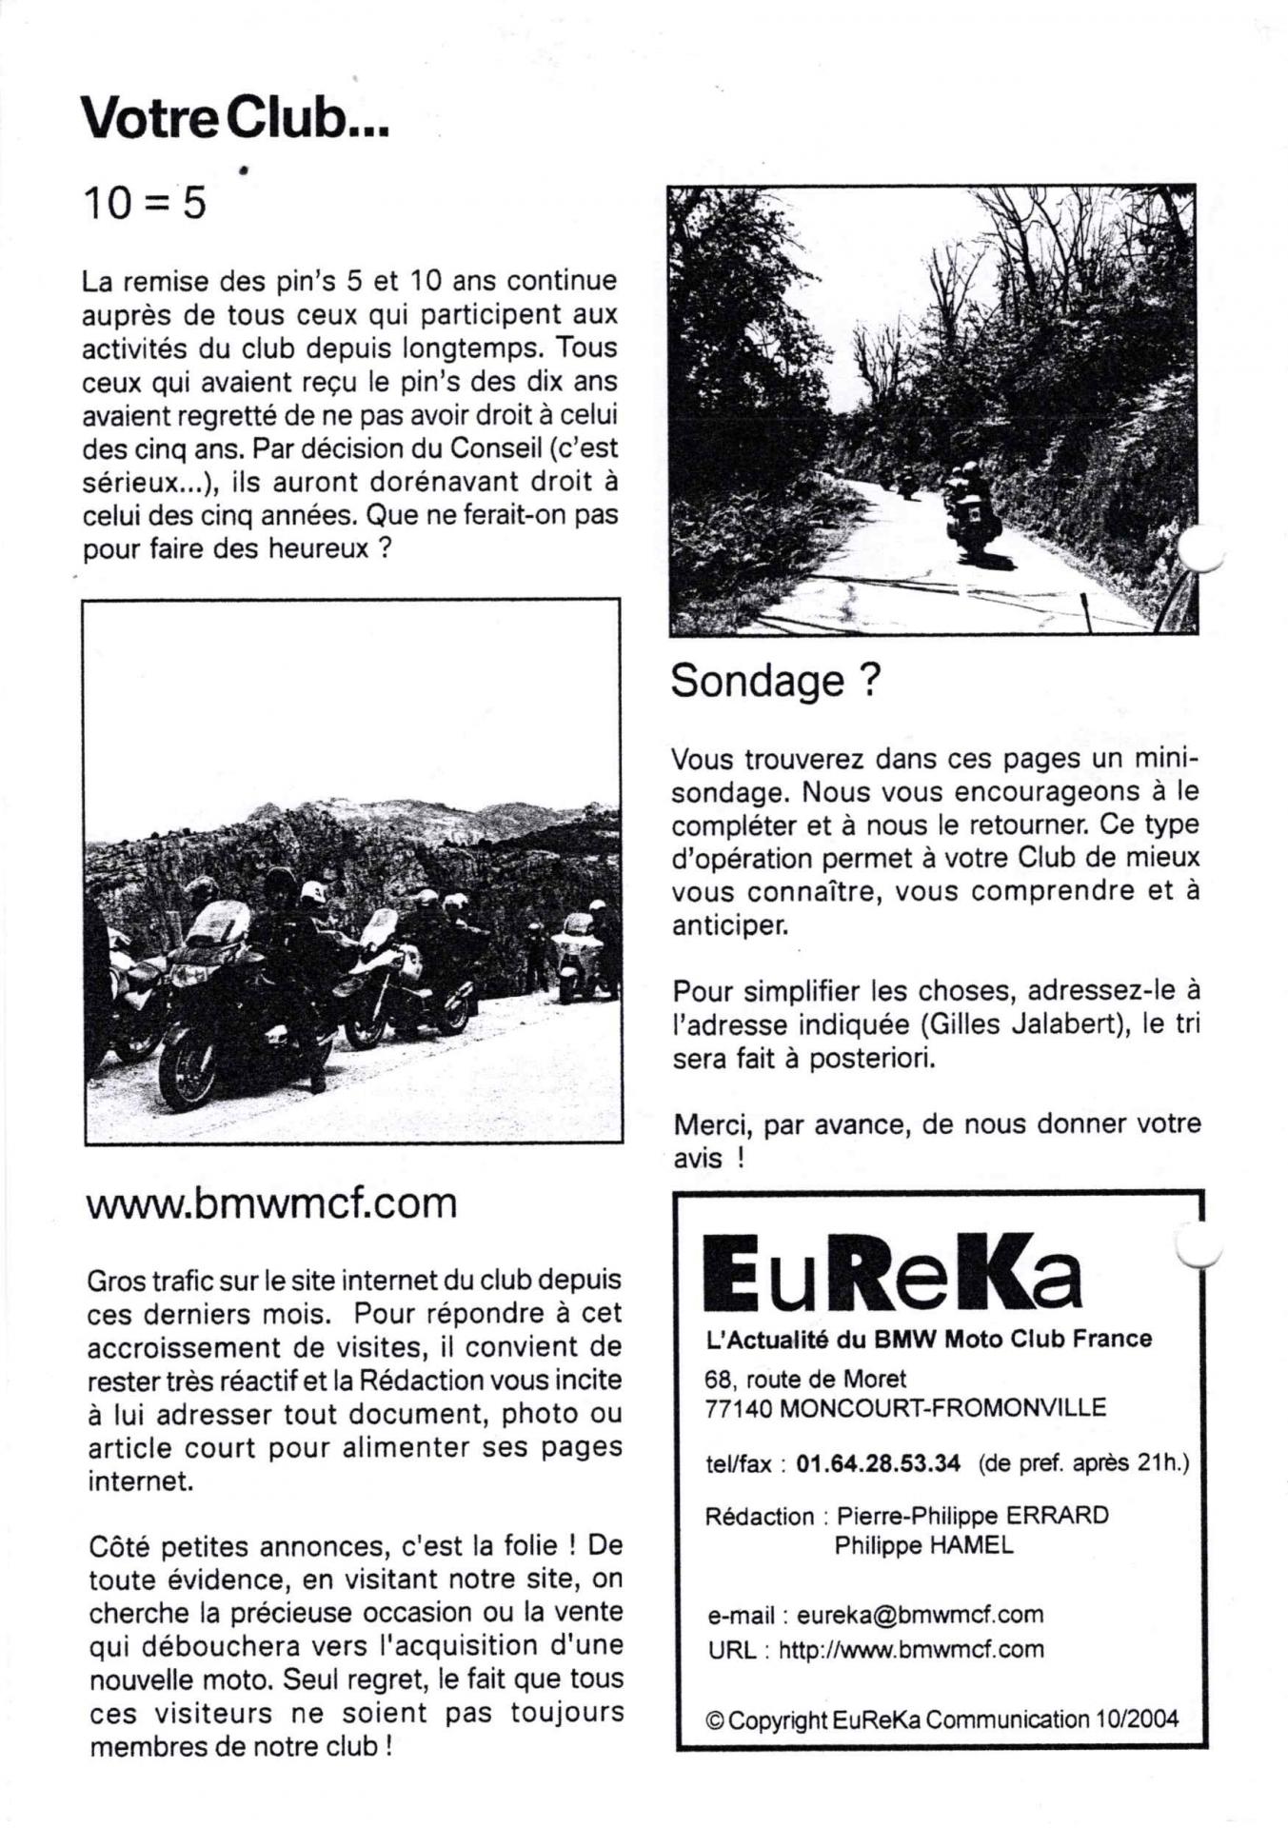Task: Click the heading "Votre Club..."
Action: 235,119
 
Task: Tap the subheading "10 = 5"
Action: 144,203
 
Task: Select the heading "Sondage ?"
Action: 776,681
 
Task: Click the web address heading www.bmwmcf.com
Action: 271,1203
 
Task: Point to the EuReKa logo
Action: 892,1272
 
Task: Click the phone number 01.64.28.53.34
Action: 878,1463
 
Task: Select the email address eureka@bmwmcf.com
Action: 920,1615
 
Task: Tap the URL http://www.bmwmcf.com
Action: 911,1649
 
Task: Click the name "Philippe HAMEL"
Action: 923,1545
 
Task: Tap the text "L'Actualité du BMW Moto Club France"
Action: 928,1339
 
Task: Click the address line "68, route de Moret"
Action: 805,1379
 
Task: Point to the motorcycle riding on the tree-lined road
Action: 965,514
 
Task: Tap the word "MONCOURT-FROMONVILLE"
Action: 942,1408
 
